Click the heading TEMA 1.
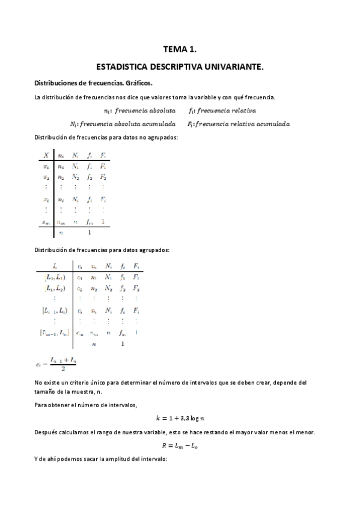coord(180,51)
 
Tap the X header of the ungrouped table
coord(46,155)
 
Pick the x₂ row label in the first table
coord(46,177)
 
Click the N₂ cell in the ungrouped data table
coord(75,177)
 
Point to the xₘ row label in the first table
coord(46,221)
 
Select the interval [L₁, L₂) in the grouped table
coord(55,289)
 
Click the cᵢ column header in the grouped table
coord(79,266)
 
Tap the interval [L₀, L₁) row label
coord(55,277)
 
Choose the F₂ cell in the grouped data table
coord(136,289)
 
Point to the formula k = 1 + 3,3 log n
coord(180,418)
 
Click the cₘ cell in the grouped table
coord(79,333)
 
